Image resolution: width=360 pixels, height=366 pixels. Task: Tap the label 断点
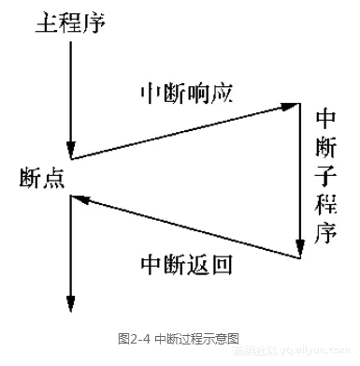[42, 179]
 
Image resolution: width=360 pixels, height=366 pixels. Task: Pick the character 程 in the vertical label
[325, 204]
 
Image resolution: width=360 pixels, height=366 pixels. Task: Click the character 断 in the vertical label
[325, 147]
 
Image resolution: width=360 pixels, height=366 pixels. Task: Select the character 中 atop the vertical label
[325, 119]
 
